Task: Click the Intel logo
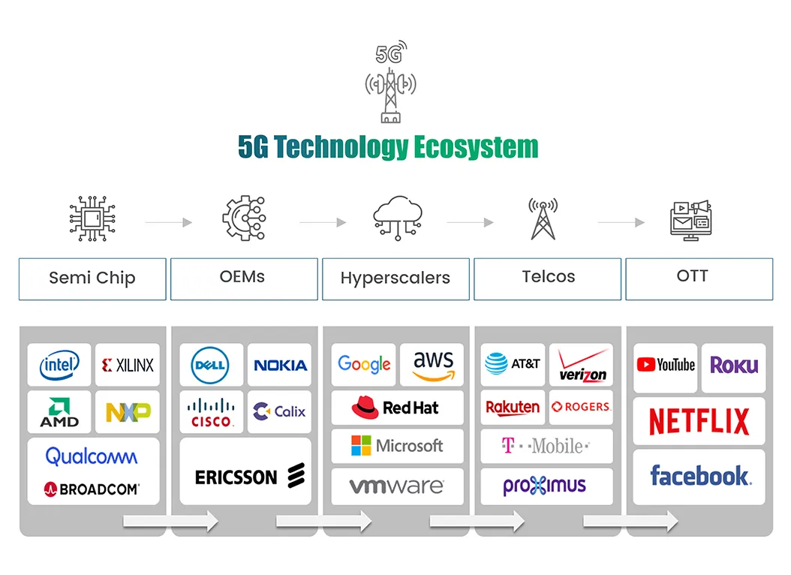pyautogui.click(x=59, y=366)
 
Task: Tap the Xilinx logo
pyautogui.click(x=128, y=366)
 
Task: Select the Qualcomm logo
pyautogui.click(x=92, y=456)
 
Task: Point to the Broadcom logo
pyautogui.click(x=92, y=489)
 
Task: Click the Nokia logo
pyautogui.click(x=280, y=366)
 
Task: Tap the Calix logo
pyautogui.click(x=279, y=411)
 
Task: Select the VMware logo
pyautogui.click(x=396, y=486)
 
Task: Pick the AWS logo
pyautogui.click(x=433, y=365)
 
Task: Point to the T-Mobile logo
pyautogui.click(x=546, y=446)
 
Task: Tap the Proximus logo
pyautogui.click(x=545, y=486)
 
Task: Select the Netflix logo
pyautogui.click(x=699, y=421)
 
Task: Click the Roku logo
pyautogui.click(x=734, y=366)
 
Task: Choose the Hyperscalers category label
pyautogui.click(x=395, y=278)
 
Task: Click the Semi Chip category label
pyautogui.click(x=92, y=278)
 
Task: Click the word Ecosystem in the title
pyautogui.click(x=476, y=147)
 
